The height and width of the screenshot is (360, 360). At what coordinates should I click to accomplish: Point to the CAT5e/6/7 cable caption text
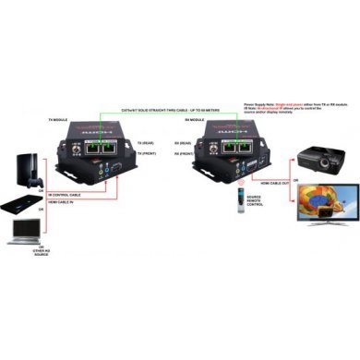click(158, 110)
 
